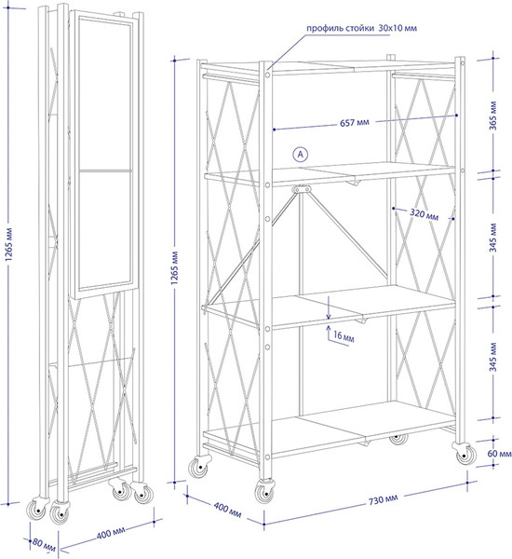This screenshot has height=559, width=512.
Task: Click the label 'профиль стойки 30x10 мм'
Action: [x=361, y=28]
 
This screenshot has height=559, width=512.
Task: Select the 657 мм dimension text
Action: [x=355, y=123]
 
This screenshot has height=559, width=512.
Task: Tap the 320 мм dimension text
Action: [x=424, y=214]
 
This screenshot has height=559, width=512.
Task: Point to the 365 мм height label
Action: [x=493, y=116]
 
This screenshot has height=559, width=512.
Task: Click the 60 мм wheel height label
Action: [x=499, y=454]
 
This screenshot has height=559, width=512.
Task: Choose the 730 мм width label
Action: [x=383, y=499]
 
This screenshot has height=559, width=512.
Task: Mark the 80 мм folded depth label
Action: [x=44, y=544]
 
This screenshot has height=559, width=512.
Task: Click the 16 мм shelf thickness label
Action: [x=344, y=336]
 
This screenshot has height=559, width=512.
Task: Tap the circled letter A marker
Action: [x=301, y=155]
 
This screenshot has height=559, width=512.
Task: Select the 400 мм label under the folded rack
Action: [x=111, y=534]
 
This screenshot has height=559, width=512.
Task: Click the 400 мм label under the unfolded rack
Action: [x=227, y=510]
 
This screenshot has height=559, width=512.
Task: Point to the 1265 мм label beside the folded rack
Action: [x=9, y=244]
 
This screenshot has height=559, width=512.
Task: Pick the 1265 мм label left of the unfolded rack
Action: [x=174, y=267]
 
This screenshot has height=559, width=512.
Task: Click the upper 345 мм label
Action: [x=493, y=238]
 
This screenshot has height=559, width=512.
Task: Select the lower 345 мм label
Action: [x=493, y=357]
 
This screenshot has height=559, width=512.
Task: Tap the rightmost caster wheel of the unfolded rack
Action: [x=465, y=454]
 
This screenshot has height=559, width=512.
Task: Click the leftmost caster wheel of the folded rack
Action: [x=37, y=510]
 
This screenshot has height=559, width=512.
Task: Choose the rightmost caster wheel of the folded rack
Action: [x=142, y=494]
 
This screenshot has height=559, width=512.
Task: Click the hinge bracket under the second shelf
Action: [x=301, y=189]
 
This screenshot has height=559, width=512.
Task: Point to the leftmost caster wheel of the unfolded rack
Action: [x=199, y=468]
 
